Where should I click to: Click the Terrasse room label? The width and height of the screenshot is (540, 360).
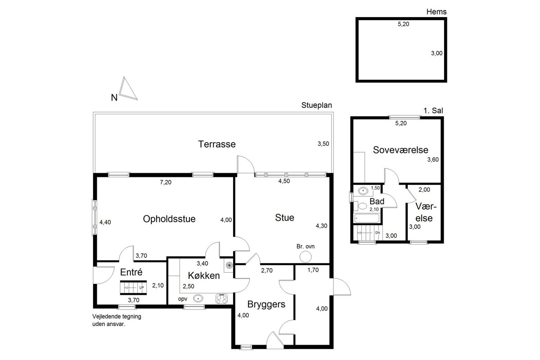click(x=217, y=144)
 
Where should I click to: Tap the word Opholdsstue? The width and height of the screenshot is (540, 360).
click(x=169, y=219)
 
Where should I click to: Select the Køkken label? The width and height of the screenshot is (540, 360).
click(x=204, y=275)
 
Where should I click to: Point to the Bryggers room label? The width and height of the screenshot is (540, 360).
click(x=266, y=305)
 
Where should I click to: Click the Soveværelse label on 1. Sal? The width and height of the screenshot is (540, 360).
click(x=400, y=150)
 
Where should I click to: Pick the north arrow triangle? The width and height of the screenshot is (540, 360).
click(x=128, y=88)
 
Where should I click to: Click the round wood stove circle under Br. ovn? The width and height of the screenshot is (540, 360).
click(x=306, y=256)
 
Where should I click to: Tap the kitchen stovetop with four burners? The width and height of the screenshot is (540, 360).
click(x=221, y=299)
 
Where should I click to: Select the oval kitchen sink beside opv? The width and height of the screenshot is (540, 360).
click(x=198, y=298)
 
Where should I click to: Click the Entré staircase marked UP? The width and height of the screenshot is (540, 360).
click(x=133, y=288)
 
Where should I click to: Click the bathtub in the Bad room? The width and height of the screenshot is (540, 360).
click(x=367, y=218)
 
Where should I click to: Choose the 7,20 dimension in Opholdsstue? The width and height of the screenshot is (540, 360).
click(x=166, y=182)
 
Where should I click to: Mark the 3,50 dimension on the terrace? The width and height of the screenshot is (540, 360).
click(x=323, y=144)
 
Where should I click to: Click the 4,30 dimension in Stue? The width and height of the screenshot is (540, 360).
click(x=322, y=226)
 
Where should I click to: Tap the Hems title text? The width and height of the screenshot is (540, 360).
click(x=436, y=12)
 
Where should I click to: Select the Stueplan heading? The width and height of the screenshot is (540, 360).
click(x=316, y=105)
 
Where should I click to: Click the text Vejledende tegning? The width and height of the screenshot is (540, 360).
click(x=117, y=316)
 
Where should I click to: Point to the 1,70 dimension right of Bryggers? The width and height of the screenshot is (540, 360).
click(x=313, y=270)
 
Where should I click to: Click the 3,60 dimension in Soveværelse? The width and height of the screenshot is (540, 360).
click(x=433, y=160)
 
